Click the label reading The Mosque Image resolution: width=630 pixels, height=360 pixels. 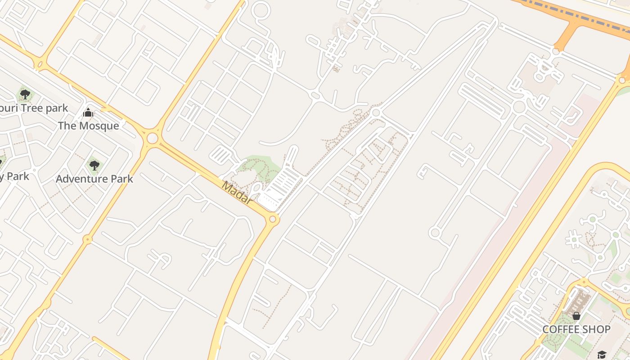pyautogui.click(x=88, y=126)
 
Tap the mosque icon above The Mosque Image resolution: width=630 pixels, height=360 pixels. pyautogui.click(x=88, y=112)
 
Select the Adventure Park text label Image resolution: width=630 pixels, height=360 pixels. pyautogui.click(x=94, y=179)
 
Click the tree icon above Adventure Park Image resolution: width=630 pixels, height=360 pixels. pyautogui.click(x=94, y=166)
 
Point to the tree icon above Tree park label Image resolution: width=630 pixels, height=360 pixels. pyautogui.click(x=25, y=94)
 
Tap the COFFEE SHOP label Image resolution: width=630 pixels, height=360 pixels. pyautogui.click(x=576, y=329)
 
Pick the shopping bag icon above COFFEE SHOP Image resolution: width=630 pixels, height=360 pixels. pyautogui.click(x=576, y=316)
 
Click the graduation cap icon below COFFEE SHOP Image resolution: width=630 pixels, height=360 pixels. pyautogui.click(x=602, y=355)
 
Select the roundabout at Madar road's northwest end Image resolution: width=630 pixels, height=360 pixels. pyautogui.click(x=153, y=138)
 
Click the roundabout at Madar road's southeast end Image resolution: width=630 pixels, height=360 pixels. pyautogui.click(x=272, y=219)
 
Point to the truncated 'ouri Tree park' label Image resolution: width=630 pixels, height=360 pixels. pyautogui.click(x=34, y=108)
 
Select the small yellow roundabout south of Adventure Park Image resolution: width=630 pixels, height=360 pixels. pyautogui.click(x=88, y=239)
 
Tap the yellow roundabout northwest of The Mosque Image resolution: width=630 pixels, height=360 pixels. pyautogui.click(x=40, y=65)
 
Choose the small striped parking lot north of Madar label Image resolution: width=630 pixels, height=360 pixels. pyautogui.click(x=221, y=155)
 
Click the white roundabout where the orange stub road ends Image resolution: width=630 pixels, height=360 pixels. pyautogui.click(x=556, y=52)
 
